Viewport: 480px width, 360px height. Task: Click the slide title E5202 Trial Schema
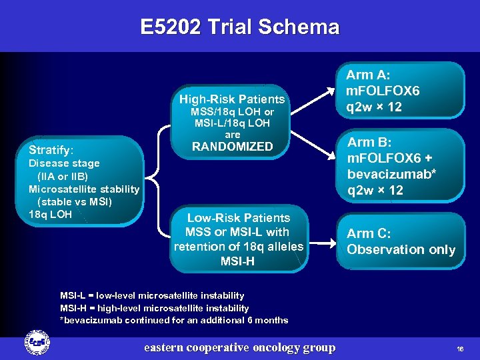tap(240, 27)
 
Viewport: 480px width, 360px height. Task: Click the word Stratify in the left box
tap(51, 149)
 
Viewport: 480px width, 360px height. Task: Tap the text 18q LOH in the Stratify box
tap(50, 214)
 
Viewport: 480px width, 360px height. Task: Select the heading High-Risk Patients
tap(232, 99)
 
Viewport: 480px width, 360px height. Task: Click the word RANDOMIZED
tap(232, 147)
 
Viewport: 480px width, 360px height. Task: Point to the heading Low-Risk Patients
tap(238, 218)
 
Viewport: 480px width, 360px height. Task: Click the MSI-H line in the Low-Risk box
tap(238, 261)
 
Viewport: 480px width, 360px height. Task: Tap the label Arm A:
tap(368, 75)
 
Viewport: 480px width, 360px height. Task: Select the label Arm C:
tap(369, 233)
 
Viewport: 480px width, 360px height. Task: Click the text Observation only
tap(401, 250)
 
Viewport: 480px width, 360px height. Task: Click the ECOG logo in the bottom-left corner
tap(34, 341)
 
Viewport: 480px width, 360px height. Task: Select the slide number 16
tap(460, 349)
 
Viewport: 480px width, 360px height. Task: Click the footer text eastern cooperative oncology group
tap(240, 347)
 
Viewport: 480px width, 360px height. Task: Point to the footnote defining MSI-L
tap(152, 295)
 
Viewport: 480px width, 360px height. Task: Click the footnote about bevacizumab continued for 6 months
tap(174, 320)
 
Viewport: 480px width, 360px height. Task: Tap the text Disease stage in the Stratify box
tap(64, 163)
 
